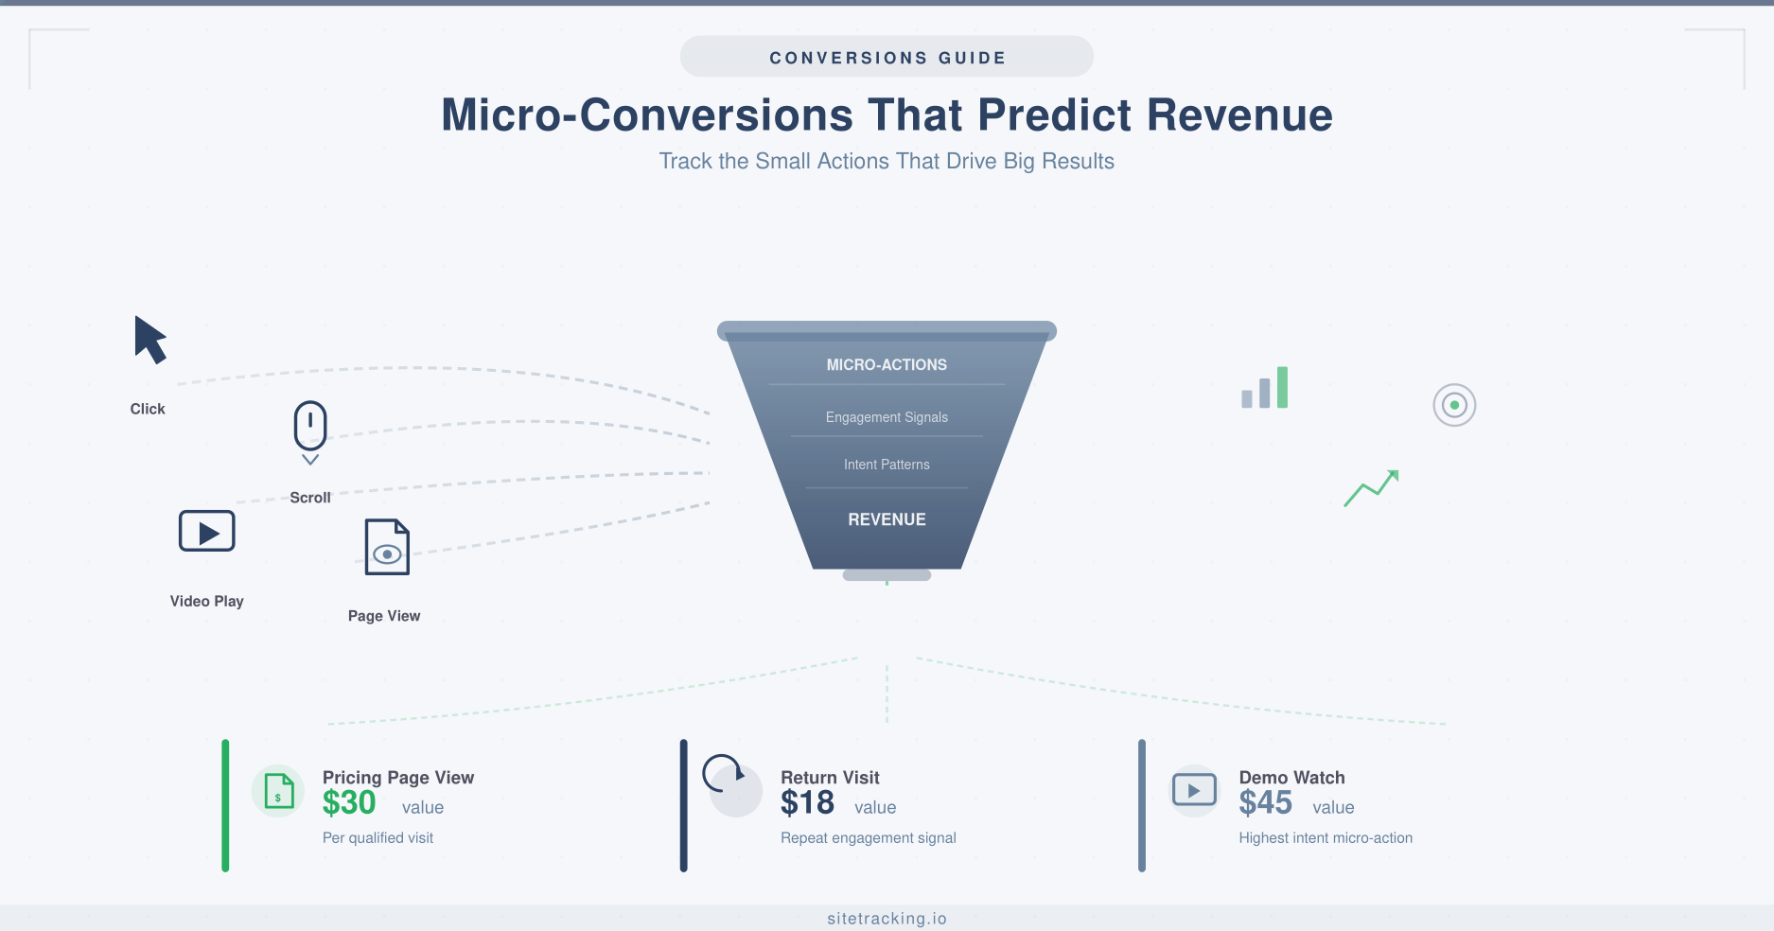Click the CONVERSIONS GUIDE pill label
tap(887, 58)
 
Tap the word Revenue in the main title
tap(1239, 115)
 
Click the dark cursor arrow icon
tap(149, 340)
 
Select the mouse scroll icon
tap(310, 427)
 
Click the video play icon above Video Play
tap(206, 532)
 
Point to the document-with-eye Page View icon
tap(387, 547)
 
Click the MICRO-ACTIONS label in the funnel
tap(887, 365)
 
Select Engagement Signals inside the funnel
tap(887, 417)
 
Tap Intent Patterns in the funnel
tap(887, 465)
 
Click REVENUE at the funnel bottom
tap(887, 519)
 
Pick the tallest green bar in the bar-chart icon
tap(1282, 387)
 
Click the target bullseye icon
tap(1454, 405)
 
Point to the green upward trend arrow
tap(1372, 488)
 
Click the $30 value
tap(349, 803)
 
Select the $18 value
tap(807, 803)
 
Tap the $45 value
tap(1265, 803)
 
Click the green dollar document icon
tap(278, 791)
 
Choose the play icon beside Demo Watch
tap(1194, 790)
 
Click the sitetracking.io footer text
tap(887, 919)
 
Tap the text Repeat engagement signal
tap(868, 838)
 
